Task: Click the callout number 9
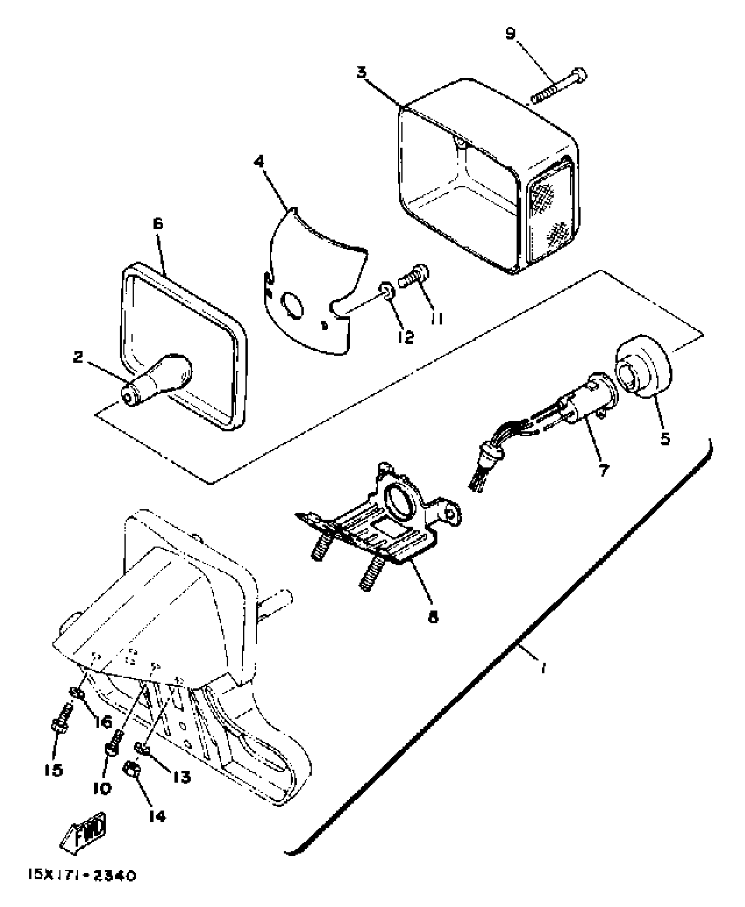511,34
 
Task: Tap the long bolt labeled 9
559,87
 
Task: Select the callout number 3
362,72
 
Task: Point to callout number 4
259,162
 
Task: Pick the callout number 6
158,224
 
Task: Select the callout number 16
103,722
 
